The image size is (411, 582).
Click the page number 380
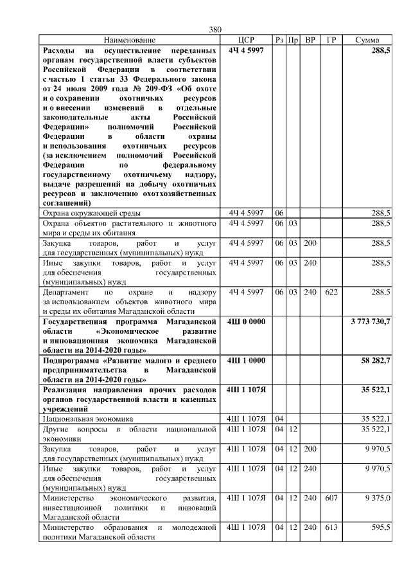coord(215,30)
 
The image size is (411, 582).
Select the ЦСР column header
coord(246,40)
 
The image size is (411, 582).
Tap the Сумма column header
coord(371,40)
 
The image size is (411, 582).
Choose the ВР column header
coord(310,40)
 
